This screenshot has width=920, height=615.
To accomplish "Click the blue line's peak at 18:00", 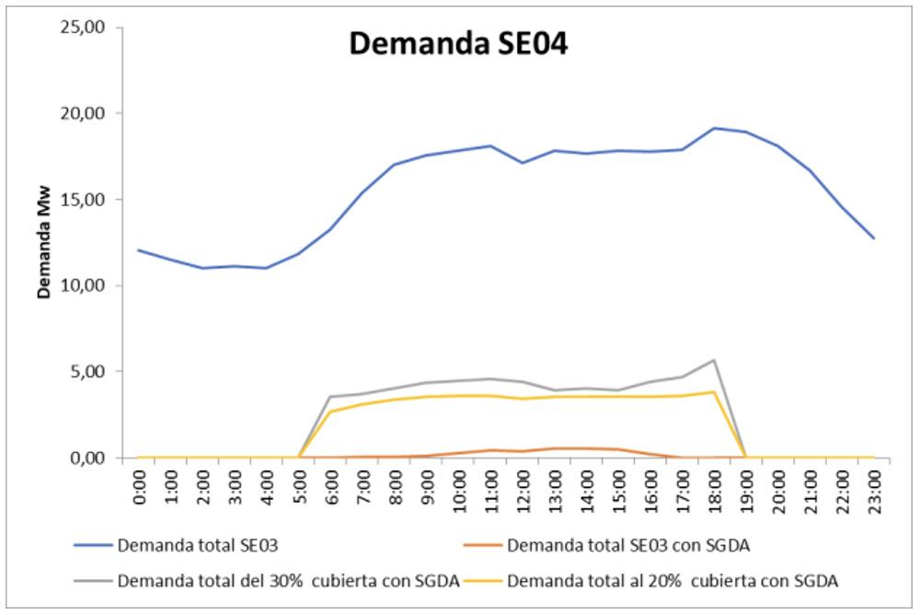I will (x=713, y=128).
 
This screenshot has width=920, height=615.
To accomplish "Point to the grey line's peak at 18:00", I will (x=713, y=360).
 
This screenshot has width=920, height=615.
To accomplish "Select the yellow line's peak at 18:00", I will (x=713, y=392).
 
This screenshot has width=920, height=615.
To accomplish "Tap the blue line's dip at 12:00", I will (x=523, y=163).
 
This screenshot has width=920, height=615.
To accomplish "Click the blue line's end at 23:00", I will (x=873, y=238).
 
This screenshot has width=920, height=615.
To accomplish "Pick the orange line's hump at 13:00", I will (x=554, y=448).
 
